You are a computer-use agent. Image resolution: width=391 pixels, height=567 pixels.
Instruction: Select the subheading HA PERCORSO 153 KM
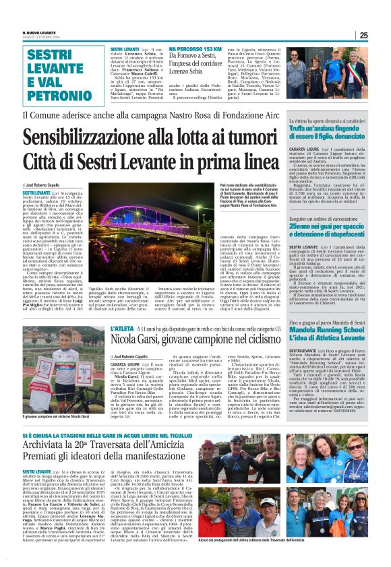195,50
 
